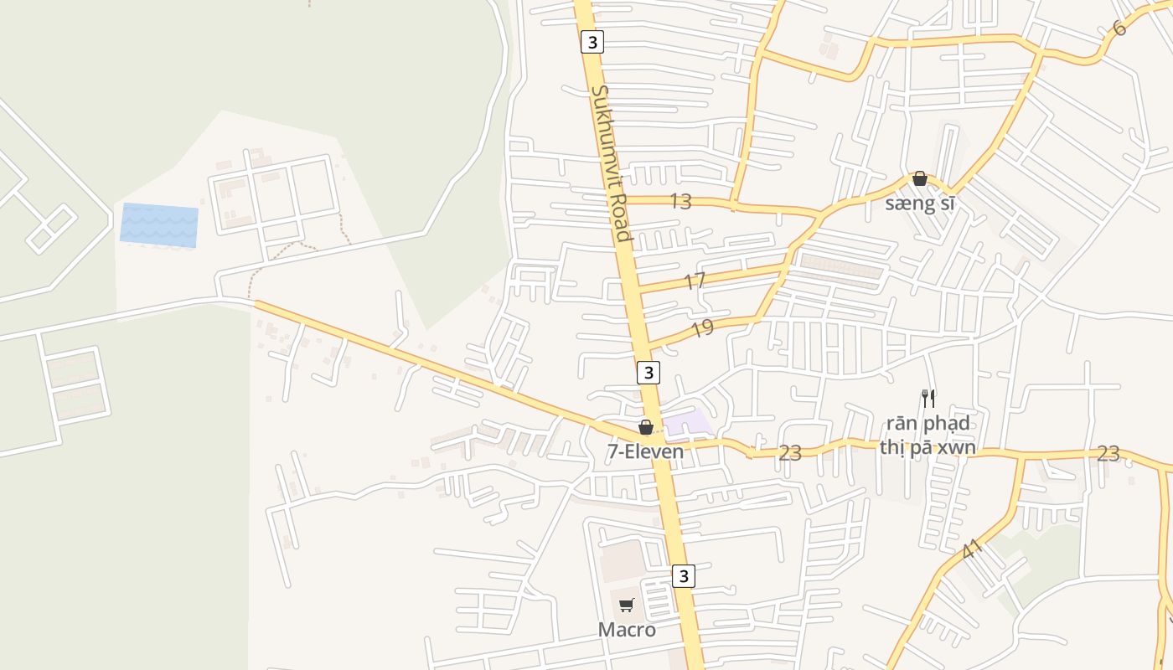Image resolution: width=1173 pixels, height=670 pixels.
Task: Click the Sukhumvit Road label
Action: coord(611,162)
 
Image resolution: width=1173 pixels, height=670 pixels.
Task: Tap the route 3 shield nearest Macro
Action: coord(684,576)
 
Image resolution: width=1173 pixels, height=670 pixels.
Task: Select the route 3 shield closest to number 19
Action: coord(648,372)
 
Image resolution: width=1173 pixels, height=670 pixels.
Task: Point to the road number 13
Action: coord(680,201)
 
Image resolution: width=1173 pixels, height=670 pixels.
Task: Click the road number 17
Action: coord(695,281)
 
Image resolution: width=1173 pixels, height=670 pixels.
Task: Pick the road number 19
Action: coord(702,328)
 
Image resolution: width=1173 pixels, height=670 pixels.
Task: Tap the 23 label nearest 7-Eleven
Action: coord(789,453)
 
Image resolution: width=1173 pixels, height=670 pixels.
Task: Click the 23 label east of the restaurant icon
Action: coord(1108,453)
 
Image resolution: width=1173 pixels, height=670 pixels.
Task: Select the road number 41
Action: coord(972,550)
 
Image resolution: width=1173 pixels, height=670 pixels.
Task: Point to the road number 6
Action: coord(1119,28)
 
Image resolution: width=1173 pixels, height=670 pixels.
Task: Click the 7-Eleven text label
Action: coord(645,451)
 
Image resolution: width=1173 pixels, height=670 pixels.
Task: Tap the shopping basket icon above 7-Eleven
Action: coord(646,427)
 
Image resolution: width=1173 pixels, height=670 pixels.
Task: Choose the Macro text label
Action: coord(627,630)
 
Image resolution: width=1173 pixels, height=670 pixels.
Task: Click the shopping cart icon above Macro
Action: coord(627,605)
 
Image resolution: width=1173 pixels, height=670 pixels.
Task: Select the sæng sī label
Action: coord(920,204)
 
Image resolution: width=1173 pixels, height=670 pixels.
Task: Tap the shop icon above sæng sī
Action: coord(920,178)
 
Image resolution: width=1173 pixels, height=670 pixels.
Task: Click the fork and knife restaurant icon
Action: coord(928,398)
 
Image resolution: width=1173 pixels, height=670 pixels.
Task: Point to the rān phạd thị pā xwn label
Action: coord(928,435)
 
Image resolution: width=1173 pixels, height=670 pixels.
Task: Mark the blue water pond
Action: coord(159,225)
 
